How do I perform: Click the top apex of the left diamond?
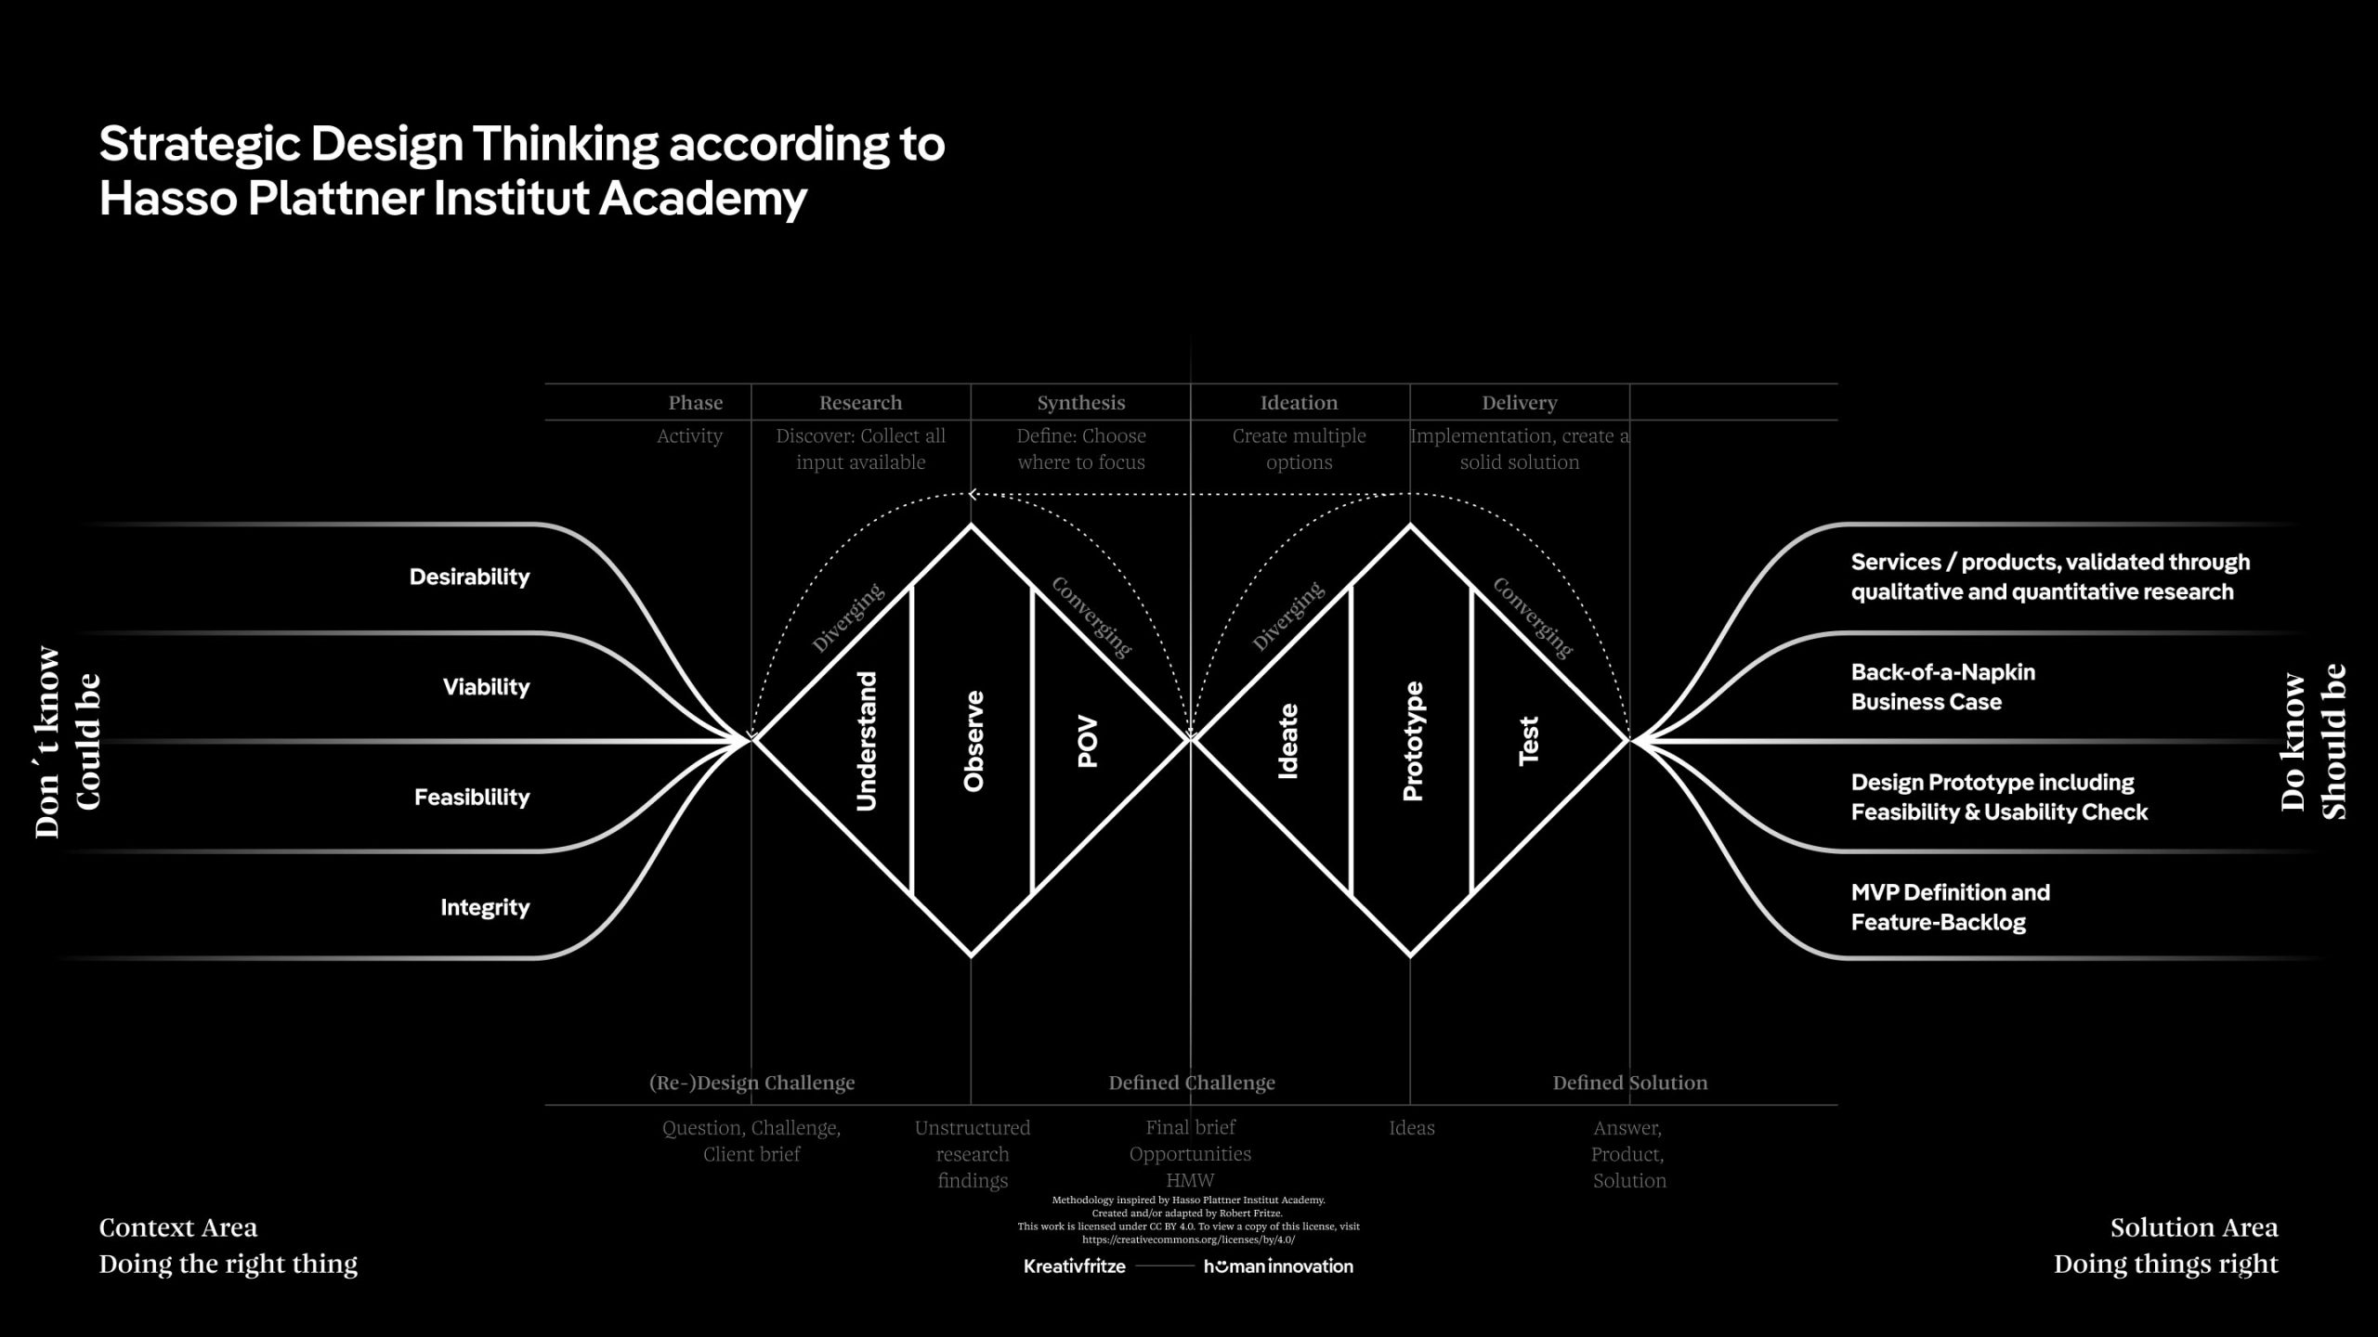[972, 526]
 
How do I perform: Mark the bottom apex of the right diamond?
[1410, 955]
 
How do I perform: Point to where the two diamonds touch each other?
[1191, 740]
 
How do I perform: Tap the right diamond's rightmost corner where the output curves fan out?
[1629, 740]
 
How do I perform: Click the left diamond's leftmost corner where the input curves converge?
[752, 740]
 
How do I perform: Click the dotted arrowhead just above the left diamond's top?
[972, 494]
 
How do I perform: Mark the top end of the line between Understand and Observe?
[911, 586]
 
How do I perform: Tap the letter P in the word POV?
[1088, 759]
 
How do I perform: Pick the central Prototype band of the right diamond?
[1410, 740]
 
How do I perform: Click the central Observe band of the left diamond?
[972, 740]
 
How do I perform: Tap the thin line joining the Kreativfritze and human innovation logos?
[1165, 1266]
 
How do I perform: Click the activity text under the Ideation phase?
[1300, 448]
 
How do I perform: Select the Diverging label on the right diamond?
[1287, 617]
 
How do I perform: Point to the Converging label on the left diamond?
[1091, 617]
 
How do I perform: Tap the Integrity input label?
[485, 907]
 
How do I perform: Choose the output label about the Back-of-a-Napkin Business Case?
[1942, 686]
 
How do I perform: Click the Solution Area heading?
[2194, 1227]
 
